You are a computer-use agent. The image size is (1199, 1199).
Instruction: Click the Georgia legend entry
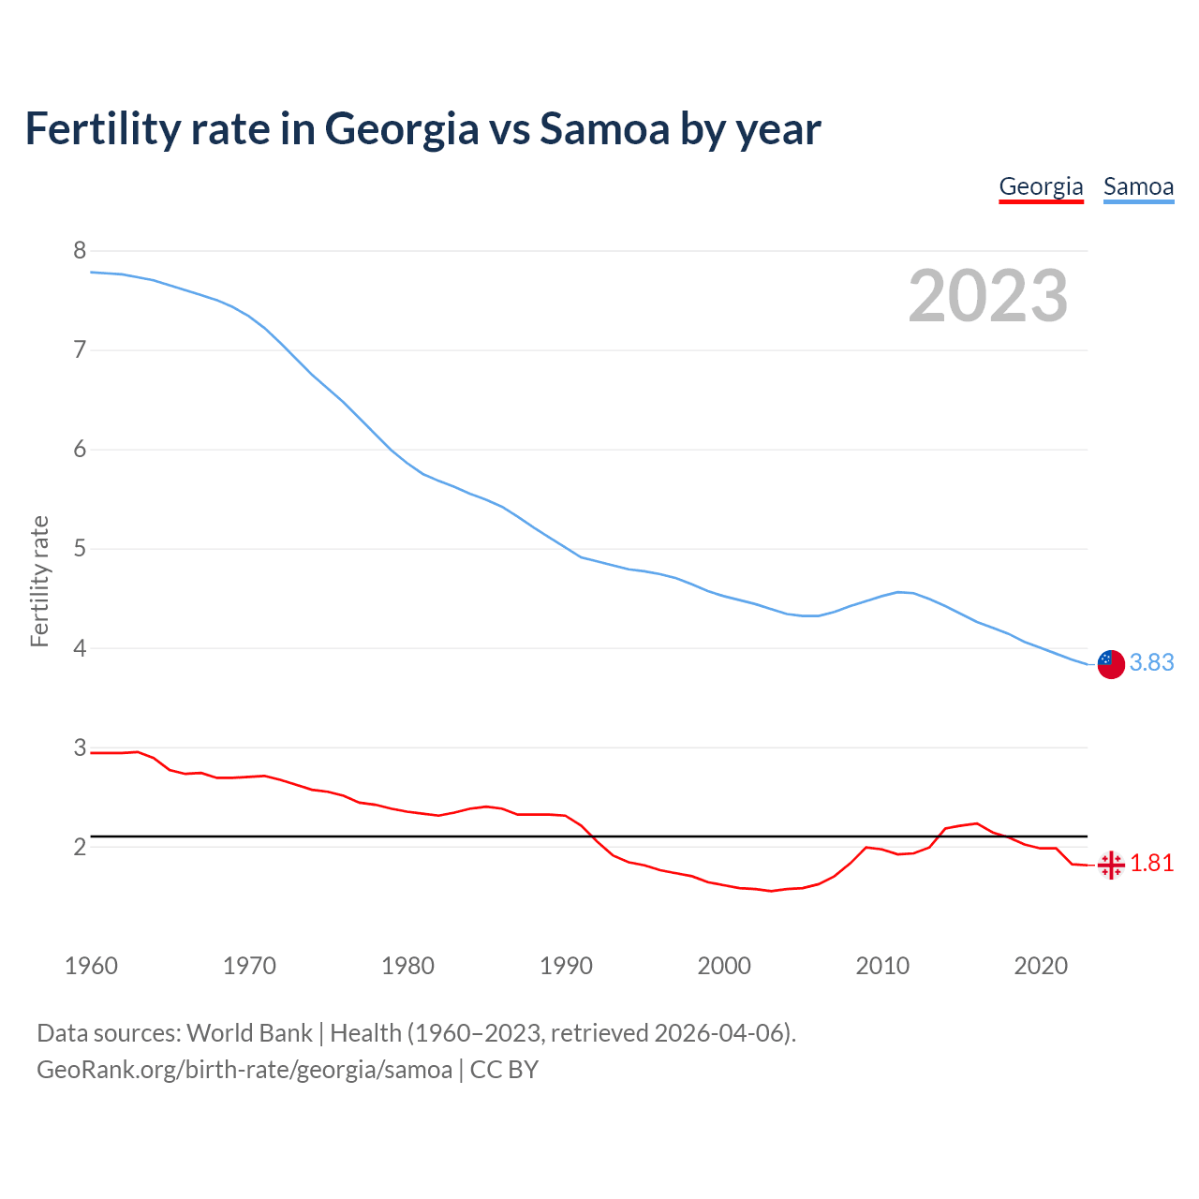(x=1041, y=186)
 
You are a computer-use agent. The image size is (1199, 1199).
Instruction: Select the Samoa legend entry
(x=1138, y=186)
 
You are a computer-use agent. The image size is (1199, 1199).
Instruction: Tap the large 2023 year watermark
(x=988, y=296)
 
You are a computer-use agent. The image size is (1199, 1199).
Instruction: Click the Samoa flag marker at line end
(x=1110, y=663)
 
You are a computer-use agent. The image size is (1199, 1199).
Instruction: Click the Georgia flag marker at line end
(x=1110, y=865)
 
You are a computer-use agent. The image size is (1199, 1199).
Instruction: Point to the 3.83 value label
(x=1151, y=663)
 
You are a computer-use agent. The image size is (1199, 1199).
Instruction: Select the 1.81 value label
(x=1151, y=864)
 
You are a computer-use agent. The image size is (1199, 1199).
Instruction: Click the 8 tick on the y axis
(x=80, y=250)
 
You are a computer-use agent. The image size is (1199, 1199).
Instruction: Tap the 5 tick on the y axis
(x=80, y=548)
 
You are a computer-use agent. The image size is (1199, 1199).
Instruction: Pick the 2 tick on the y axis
(x=80, y=847)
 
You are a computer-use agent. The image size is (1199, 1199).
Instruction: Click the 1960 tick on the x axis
(x=91, y=966)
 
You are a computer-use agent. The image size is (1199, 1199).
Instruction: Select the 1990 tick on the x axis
(x=566, y=966)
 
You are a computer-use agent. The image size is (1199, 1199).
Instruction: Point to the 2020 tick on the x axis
(x=1041, y=966)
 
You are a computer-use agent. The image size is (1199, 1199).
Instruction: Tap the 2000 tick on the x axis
(x=724, y=966)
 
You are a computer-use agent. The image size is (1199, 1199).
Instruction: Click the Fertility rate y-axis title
(x=39, y=581)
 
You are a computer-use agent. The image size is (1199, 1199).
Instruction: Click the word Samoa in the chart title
(x=604, y=128)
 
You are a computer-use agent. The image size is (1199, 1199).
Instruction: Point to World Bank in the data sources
(x=249, y=1033)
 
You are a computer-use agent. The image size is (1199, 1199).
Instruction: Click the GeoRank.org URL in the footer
(x=244, y=1070)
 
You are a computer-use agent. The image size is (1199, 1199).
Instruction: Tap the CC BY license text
(x=504, y=1070)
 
